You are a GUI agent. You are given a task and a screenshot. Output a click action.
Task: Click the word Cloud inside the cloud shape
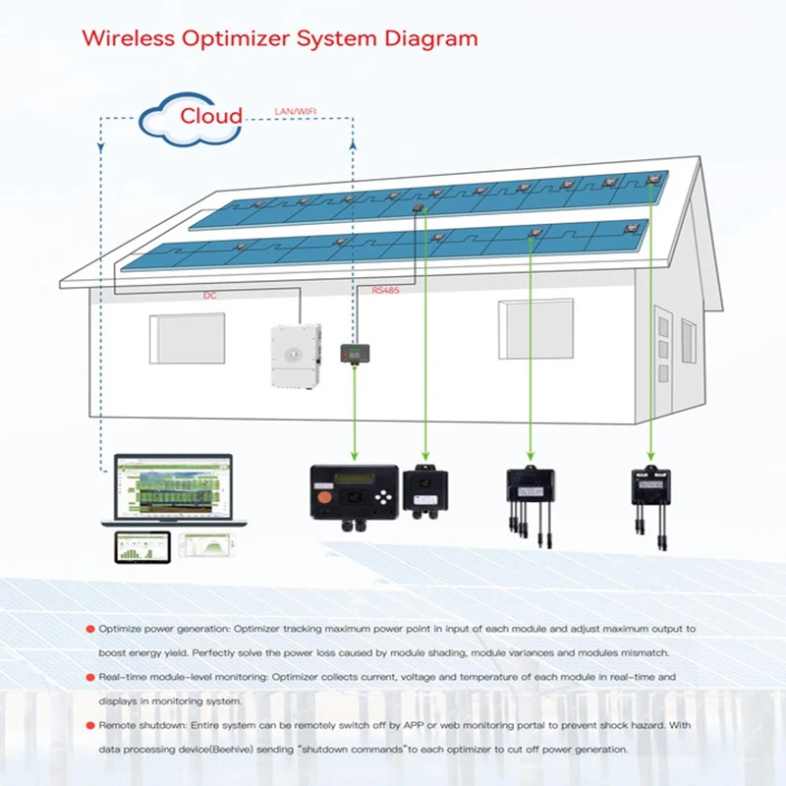click(210, 116)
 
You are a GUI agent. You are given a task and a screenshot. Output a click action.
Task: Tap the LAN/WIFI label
click(292, 110)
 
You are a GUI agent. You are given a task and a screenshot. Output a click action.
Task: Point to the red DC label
click(209, 295)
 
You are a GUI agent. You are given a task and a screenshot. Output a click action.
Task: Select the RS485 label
click(386, 291)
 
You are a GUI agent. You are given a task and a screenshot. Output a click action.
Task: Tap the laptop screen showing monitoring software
click(173, 486)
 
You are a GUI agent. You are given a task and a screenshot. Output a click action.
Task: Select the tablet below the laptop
click(142, 546)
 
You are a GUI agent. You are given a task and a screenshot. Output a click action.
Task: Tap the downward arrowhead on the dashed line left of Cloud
click(101, 149)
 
